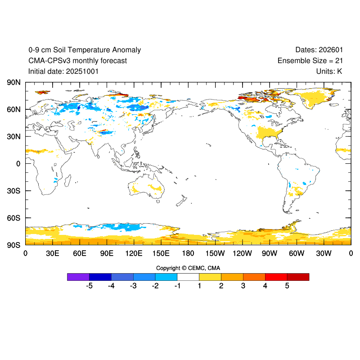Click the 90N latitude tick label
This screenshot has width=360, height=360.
click(13, 82)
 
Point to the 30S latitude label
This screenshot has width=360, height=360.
click(13, 191)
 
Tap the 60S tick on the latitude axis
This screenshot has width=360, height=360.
click(13, 218)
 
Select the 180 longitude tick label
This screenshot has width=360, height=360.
click(188, 253)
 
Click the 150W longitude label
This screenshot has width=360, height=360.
click(216, 253)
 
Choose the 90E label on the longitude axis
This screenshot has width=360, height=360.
click(107, 253)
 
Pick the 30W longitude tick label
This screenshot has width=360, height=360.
click(324, 253)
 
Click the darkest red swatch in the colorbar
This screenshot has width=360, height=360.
click(298, 277)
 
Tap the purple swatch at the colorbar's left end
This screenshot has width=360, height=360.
click(78, 277)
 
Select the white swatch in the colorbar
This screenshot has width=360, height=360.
click(188, 277)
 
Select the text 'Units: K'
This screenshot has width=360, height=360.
click(329, 72)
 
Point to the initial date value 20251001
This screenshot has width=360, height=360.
click(82, 72)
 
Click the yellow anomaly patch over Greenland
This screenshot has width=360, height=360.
click(318, 97)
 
